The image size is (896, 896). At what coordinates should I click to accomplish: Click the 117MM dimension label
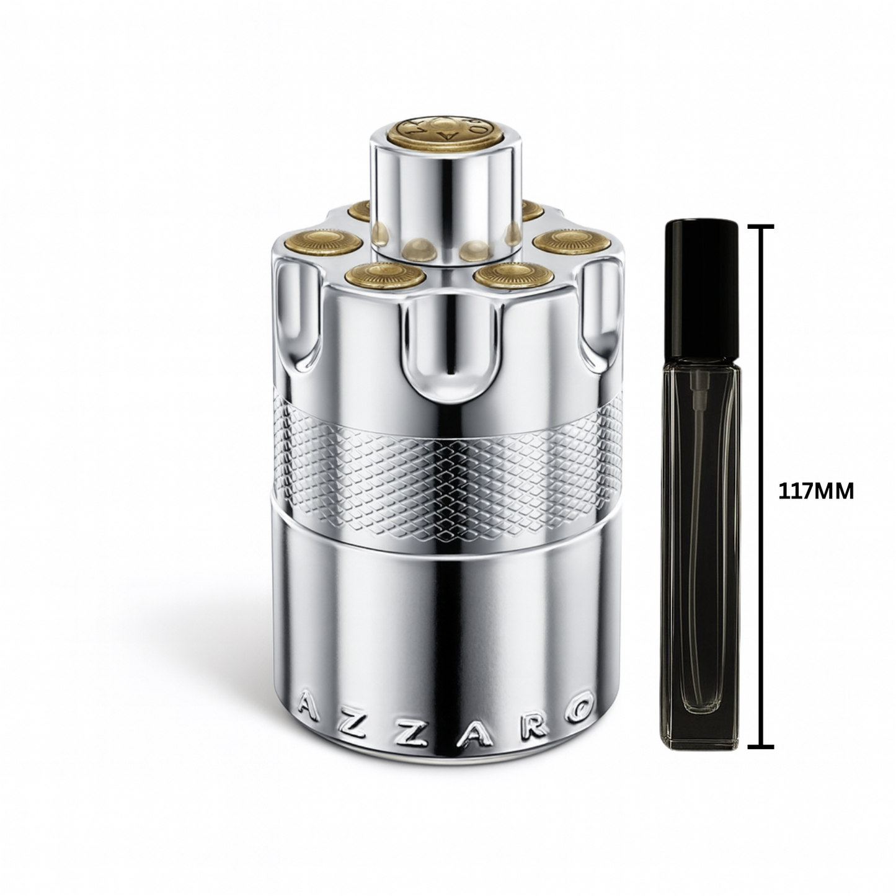pos(816,491)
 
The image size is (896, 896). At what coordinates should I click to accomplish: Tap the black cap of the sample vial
pos(701,289)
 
